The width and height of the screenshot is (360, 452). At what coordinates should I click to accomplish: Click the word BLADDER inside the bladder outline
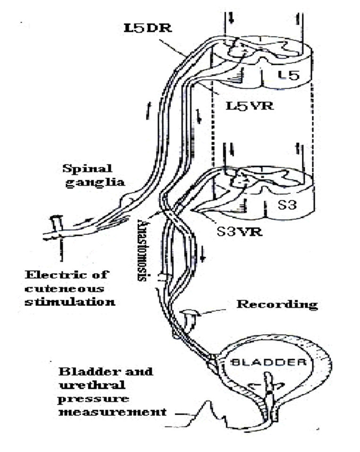coord(272,363)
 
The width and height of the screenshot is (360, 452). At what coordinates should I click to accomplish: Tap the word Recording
coord(276,304)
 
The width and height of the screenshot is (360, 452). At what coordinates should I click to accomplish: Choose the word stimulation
coord(69,301)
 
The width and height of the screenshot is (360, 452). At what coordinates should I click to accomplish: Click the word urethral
coord(82,385)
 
